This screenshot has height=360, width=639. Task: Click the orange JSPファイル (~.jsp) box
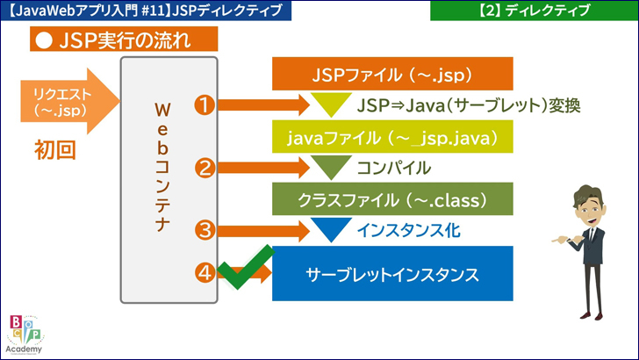tap(391, 73)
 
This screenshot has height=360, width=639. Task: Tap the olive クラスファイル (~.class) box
tap(391, 198)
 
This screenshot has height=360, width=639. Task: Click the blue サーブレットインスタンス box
tap(391, 273)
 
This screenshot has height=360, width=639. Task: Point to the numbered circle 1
tap(205, 105)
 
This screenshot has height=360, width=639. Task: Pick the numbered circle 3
tap(205, 231)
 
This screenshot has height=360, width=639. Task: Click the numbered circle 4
tap(205, 273)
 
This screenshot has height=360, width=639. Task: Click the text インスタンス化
tap(408, 231)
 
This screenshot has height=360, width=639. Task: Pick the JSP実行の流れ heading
tap(124, 40)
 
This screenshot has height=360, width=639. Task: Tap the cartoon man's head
tap(587, 203)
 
